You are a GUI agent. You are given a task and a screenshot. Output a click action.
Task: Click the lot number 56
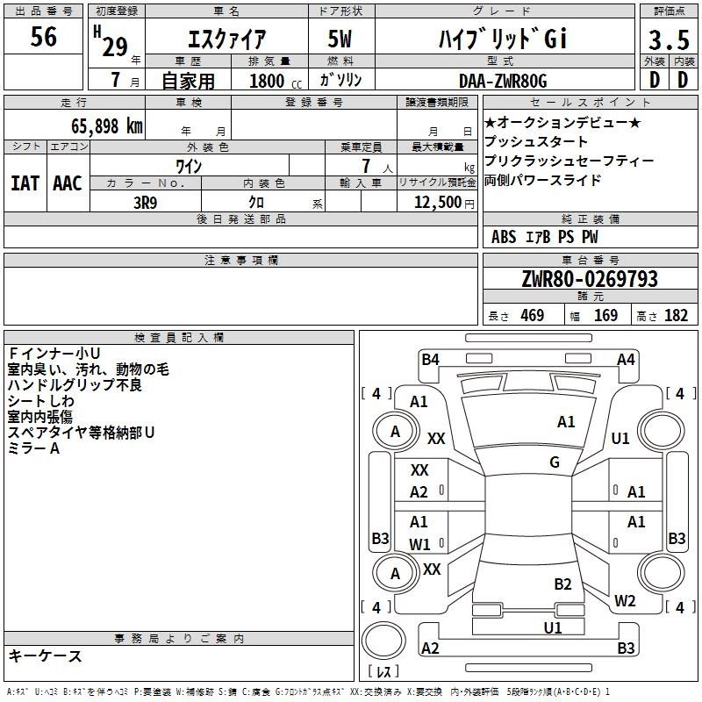(x=43, y=36)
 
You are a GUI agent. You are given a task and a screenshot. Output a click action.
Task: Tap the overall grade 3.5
(x=669, y=39)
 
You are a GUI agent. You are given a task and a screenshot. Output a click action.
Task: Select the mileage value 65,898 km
(x=107, y=126)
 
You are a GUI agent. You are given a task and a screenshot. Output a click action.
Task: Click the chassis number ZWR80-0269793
(x=590, y=279)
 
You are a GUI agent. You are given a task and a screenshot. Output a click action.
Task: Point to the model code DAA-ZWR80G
(x=503, y=81)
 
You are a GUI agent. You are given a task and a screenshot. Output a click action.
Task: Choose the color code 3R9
(x=146, y=203)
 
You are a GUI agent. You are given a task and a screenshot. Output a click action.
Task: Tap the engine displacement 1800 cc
(x=276, y=81)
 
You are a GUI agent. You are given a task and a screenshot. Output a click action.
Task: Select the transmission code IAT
(x=25, y=183)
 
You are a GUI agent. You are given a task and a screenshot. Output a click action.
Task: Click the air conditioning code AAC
(x=68, y=183)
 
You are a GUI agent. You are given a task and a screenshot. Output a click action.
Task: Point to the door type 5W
(x=340, y=39)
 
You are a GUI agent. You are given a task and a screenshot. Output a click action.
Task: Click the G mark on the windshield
(x=555, y=462)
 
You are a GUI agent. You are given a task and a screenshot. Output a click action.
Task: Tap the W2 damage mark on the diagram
(x=625, y=600)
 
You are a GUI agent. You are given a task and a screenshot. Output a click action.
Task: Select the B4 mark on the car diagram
(x=430, y=360)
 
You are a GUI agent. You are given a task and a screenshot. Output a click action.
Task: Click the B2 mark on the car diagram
(x=562, y=584)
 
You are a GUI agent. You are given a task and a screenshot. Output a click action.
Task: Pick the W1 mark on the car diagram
(x=419, y=544)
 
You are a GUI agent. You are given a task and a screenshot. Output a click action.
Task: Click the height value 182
(x=676, y=316)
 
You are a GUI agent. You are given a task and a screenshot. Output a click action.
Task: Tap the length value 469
(x=533, y=316)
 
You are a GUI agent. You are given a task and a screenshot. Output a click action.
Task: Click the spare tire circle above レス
(x=383, y=641)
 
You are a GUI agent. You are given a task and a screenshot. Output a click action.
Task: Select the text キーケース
(x=46, y=655)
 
